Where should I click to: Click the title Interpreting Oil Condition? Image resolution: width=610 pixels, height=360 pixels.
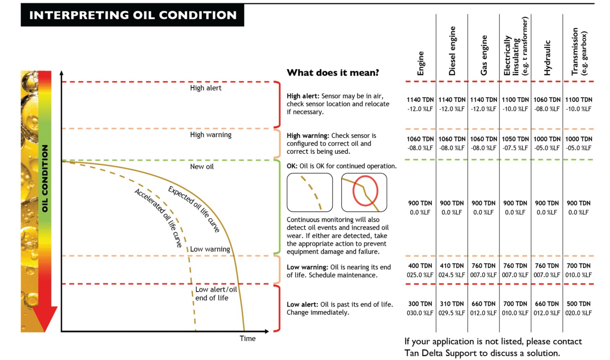click(133, 15)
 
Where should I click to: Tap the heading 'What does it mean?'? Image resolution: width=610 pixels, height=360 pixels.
click(333, 73)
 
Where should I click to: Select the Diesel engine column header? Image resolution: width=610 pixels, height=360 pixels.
click(452, 51)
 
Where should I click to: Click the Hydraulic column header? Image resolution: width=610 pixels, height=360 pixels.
click(547, 58)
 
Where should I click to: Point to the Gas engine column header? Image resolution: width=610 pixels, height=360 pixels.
click(484, 55)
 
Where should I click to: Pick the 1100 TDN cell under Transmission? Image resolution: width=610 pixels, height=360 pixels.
click(578, 100)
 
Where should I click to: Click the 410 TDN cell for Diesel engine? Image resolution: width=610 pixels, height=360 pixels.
click(452, 266)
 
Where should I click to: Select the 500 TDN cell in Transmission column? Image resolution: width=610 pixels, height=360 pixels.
click(578, 304)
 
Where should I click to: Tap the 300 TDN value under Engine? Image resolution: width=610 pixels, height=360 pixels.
click(420, 304)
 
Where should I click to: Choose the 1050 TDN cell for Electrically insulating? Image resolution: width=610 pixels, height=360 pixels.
click(515, 139)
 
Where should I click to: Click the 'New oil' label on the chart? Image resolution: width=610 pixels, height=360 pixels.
click(202, 167)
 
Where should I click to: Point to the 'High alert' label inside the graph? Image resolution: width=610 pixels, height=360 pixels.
click(205, 88)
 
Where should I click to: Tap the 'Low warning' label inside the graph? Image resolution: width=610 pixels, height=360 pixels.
click(210, 249)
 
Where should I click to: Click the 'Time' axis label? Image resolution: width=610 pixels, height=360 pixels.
click(247, 338)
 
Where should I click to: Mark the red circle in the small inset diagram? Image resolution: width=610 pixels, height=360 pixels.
click(365, 191)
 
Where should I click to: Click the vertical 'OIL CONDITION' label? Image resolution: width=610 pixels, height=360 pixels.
click(45, 179)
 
